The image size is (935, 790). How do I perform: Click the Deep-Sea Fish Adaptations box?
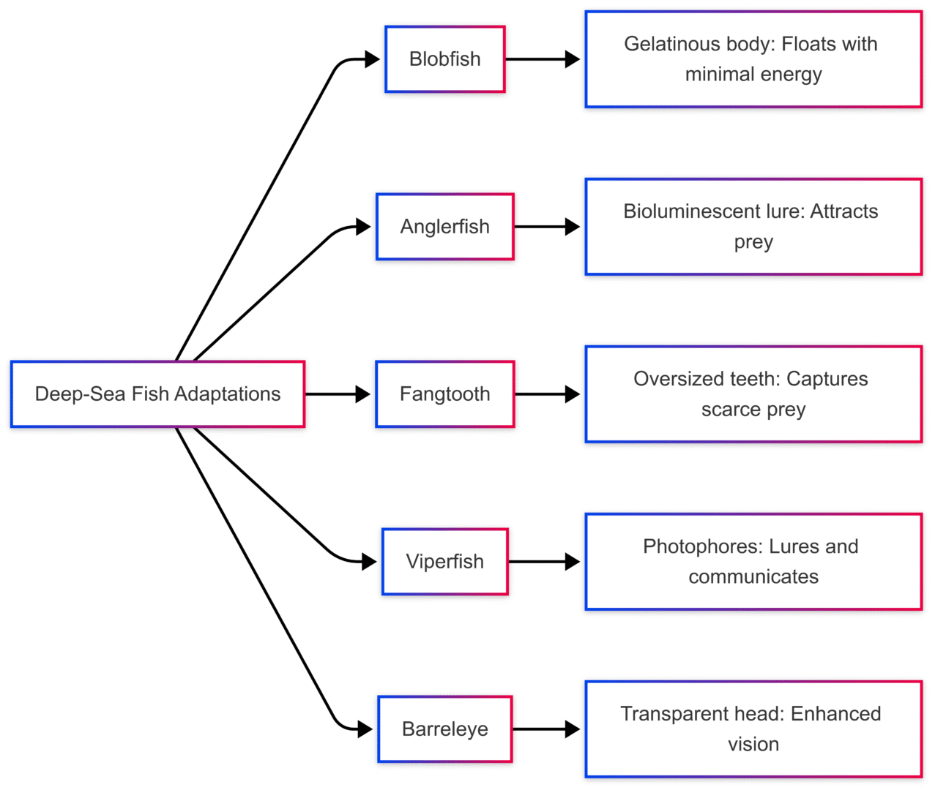[x=158, y=394]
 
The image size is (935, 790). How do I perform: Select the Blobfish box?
[x=445, y=59]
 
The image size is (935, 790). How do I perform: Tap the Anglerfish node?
[x=445, y=227]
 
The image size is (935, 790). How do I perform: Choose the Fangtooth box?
[x=445, y=394]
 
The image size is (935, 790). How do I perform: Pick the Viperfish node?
[x=445, y=561]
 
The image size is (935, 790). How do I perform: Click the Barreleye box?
[x=445, y=729]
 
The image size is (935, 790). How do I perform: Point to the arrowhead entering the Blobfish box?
[x=372, y=59]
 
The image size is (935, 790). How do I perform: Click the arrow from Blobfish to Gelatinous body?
[x=543, y=59]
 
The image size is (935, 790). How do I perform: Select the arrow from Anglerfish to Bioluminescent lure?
[x=548, y=227]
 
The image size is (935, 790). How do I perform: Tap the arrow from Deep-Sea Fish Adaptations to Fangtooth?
[x=338, y=394]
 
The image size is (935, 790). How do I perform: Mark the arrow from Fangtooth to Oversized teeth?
[x=548, y=394]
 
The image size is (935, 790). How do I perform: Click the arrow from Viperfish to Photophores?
[x=545, y=562]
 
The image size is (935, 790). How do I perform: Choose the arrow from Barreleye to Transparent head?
[x=546, y=729]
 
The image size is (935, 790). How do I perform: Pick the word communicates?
[x=753, y=577]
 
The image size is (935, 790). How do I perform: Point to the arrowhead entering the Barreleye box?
[x=365, y=729]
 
